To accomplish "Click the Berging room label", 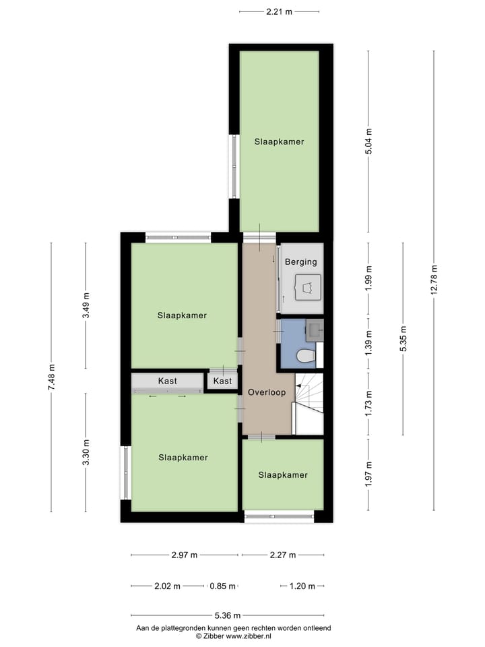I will [300, 261].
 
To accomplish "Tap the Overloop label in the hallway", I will [267, 392].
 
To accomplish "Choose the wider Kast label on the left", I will [168, 381].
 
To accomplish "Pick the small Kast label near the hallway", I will [222, 381].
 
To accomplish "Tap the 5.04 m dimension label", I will [368, 142].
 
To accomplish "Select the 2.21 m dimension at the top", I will [279, 11].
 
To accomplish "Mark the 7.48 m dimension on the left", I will [51, 377].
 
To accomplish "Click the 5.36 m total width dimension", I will [227, 615].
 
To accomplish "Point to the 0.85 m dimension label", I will [222, 586].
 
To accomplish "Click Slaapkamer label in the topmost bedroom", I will [279, 142].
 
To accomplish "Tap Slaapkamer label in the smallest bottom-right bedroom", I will [283, 475].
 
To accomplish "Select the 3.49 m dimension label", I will [86, 305].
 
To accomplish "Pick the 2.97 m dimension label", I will [184, 555].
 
